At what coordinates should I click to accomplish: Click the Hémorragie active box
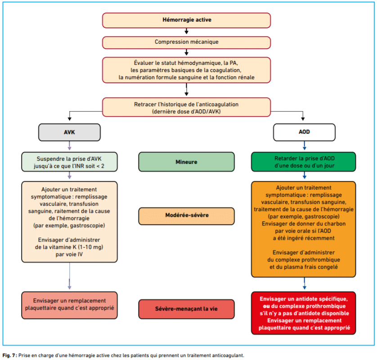186,20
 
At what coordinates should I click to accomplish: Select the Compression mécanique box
186,42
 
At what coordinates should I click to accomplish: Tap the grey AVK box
69,132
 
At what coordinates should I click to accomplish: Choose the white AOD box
304,132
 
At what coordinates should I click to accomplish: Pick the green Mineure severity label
186,162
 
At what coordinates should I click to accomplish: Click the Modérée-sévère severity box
186,216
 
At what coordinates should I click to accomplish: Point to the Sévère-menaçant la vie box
186,309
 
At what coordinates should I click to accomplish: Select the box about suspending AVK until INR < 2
69,162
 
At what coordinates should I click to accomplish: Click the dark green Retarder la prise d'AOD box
303,162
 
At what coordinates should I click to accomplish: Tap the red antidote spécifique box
303,313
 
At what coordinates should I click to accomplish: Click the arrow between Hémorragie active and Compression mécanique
186,31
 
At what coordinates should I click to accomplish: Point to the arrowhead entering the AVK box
69,119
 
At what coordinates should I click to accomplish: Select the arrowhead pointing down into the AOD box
303,119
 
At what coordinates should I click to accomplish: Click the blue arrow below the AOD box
305,145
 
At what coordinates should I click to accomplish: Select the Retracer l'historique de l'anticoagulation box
186,107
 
